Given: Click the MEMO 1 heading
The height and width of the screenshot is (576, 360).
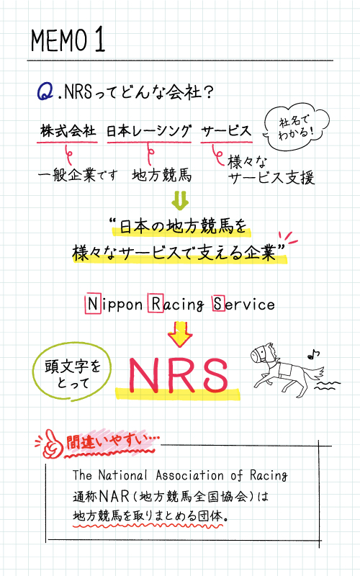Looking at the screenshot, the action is point(68,40).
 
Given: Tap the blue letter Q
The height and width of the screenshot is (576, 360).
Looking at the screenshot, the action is point(45,91).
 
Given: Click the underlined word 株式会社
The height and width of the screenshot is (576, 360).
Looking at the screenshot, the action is point(68,131).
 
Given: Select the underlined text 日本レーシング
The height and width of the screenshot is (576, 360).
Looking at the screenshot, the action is point(149,131).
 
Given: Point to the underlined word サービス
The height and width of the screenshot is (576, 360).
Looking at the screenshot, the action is point(226,131).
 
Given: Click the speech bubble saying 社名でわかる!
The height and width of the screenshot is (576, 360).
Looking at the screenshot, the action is point(297,127).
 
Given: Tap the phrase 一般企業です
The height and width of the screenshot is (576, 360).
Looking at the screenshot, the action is point(78,175).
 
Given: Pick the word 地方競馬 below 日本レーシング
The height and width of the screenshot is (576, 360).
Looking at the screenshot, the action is point(161,175).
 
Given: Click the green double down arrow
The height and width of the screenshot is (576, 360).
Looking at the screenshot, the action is point(180,200).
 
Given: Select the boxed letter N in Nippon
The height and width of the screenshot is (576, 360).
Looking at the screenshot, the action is point(93,304).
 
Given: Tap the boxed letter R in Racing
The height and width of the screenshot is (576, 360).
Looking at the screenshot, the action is point(156,303).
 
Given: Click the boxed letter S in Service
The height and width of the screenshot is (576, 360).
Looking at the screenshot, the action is point(218,303).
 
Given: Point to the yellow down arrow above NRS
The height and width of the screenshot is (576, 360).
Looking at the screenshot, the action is point(179,334).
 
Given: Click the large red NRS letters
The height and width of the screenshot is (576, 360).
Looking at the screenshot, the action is point(179,374).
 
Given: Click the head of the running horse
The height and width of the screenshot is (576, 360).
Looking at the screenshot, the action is point(262,354).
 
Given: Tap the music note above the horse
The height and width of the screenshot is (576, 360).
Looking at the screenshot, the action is point(314,354).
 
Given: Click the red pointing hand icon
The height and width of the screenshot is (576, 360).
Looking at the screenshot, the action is point(53,444).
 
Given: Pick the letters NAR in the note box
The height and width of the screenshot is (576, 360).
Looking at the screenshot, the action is point(114,496).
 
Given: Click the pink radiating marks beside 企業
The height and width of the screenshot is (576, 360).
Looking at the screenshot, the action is point(288,238).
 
